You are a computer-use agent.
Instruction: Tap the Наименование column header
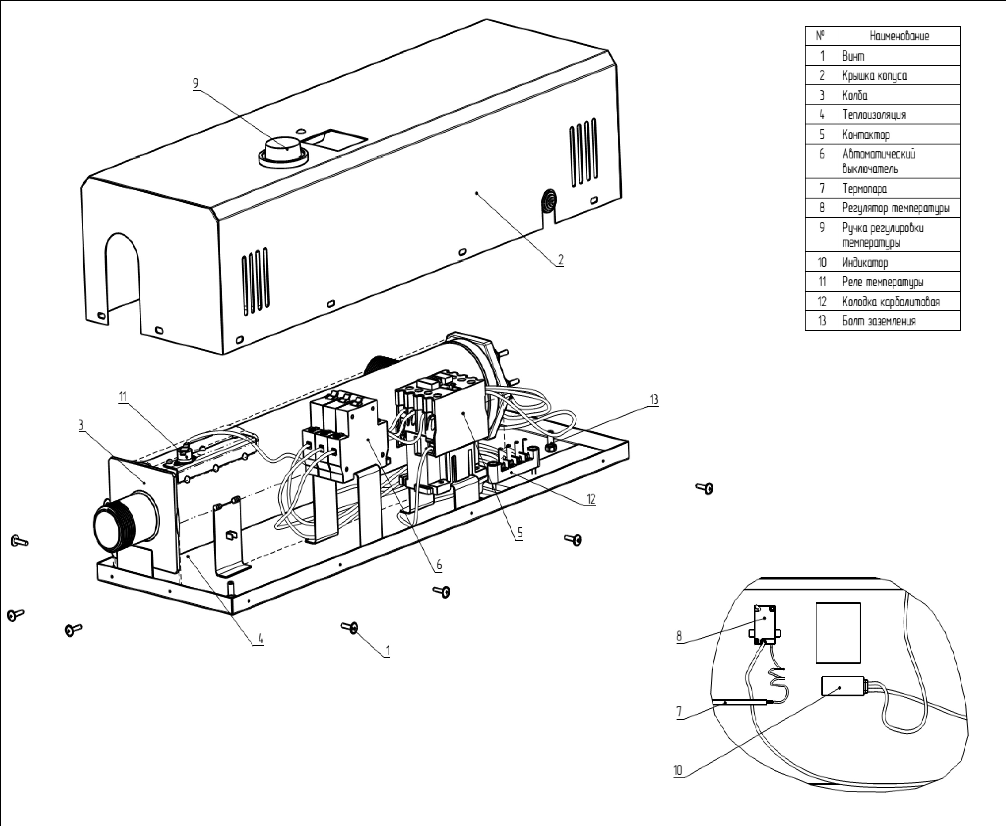click(x=899, y=36)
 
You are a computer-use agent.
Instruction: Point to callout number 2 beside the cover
click(x=561, y=260)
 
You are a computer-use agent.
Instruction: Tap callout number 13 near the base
click(x=654, y=400)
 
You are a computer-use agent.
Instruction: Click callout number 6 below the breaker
click(x=439, y=565)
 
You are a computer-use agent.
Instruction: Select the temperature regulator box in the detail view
click(x=765, y=623)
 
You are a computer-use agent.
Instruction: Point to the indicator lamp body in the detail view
click(x=843, y=686)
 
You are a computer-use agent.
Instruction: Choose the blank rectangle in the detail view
click(x=838, y=633)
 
